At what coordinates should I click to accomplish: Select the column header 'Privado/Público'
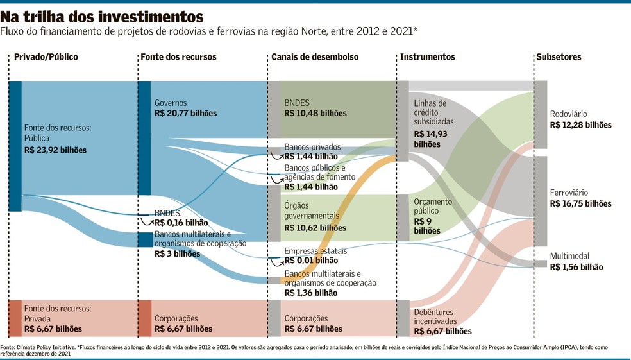pos(46,57)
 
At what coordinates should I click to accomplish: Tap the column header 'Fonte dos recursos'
pos(178,57)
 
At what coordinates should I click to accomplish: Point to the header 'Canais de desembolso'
pos(315,57)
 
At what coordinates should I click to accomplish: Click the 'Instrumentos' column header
pos(428,57)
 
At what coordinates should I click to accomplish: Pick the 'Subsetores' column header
pos(559,57)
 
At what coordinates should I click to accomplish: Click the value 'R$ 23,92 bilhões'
pos(55,150)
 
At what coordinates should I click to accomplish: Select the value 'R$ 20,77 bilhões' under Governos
pos(185,114)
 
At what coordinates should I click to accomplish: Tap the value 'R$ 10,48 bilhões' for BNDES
pos(315,114)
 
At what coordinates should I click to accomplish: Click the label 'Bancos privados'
pos(312,147)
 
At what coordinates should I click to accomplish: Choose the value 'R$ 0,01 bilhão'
pos(311,261)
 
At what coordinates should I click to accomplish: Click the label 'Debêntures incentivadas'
pos(435,316)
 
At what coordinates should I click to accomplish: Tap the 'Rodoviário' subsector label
pos(569,115)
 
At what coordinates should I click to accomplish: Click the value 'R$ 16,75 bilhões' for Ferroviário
pos(580,203)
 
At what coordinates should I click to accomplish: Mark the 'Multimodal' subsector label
pos(569,256)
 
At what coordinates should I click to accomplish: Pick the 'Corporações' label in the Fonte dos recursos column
pos(176,318)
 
